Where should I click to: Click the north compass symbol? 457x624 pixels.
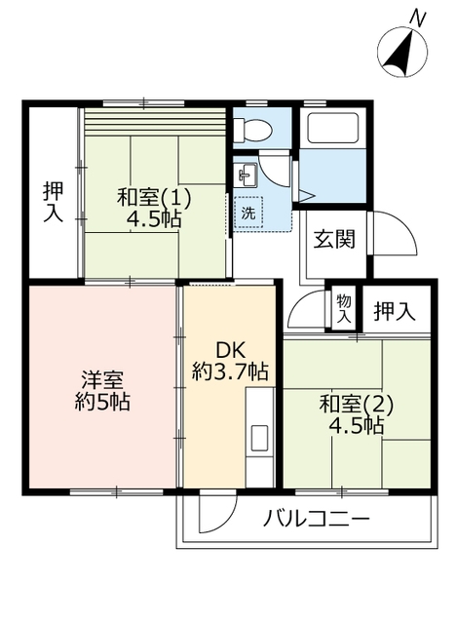coord(402,49)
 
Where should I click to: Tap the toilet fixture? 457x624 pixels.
coord(252,130)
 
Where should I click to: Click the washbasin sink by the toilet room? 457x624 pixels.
coord(248,175)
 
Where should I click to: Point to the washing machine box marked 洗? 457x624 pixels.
coord(248,213)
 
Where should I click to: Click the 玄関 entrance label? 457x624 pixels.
coord(334,240)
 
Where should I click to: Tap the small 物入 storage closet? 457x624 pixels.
coord(344,308)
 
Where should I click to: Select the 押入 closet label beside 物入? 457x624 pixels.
coord(395,311)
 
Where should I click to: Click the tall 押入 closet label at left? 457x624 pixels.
coord(54,203)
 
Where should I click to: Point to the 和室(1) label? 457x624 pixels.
coord(154,197)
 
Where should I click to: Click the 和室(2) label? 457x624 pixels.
coord(356,405)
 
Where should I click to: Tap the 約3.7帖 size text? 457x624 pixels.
coord(230,371)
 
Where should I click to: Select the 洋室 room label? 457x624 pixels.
coord(102,380)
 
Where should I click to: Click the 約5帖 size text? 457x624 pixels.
coord(102,402)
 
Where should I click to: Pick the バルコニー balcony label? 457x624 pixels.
coord(317,519)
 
